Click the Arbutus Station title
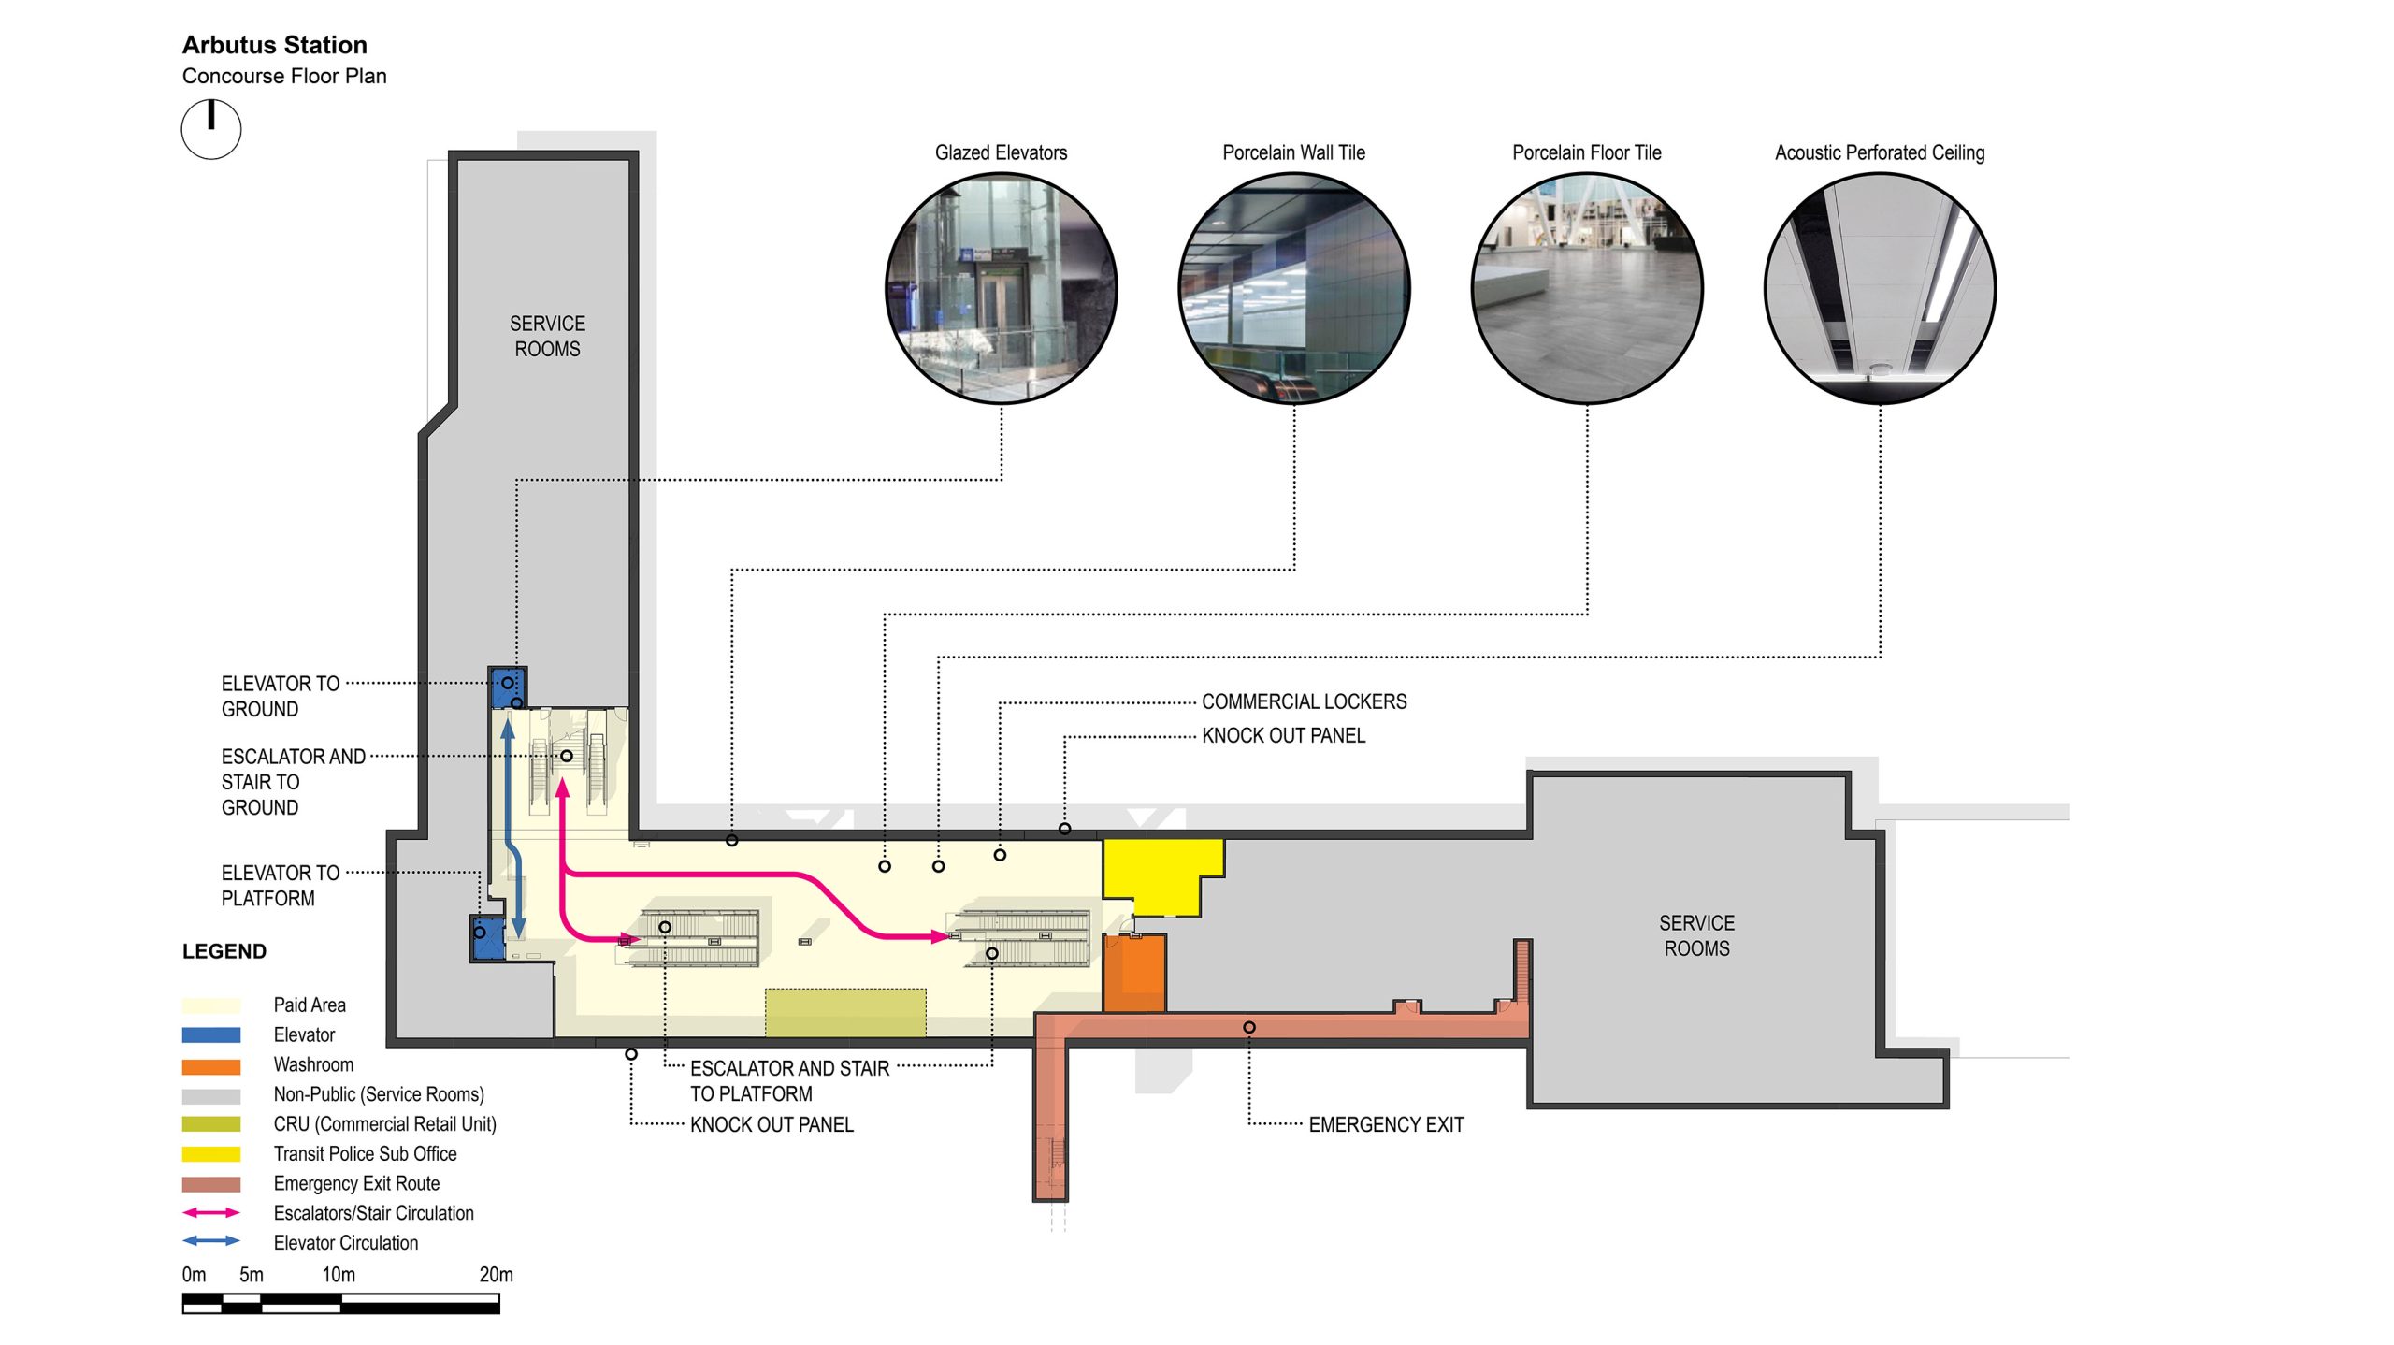point(274,45)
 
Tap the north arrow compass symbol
point(211,129)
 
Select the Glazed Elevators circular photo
point(1001,288)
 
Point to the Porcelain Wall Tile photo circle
point(1294,288)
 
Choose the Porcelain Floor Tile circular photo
point(1587,288)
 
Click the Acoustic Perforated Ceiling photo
point(1880,288)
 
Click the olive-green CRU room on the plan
point(845,1012)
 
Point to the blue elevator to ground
point(508,686)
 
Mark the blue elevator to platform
point(487,938)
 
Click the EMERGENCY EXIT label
point(1386,1124)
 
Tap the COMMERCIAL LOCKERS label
point(1304,701)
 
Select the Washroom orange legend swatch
point(211,1065)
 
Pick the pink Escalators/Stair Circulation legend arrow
point(211,1213)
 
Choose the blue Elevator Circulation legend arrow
point(211,1242)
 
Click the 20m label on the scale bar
point(496,1275)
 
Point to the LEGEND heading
point(224,951)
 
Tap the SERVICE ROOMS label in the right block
point(1696,935)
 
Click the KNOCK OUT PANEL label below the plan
point(772,1124)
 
